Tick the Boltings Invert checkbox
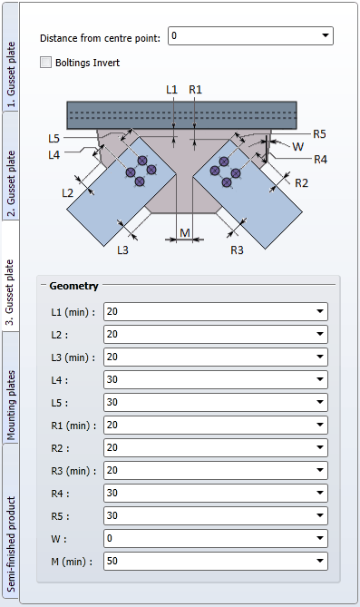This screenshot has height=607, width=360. tap(45, 63)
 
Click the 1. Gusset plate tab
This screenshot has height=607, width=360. tap(10, 58)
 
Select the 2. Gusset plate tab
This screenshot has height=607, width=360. tap(10, 166)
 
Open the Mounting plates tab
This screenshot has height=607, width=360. tap(10, 387)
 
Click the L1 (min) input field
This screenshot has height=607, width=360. tap(215, 311)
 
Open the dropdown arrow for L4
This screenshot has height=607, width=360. tap(320, 379)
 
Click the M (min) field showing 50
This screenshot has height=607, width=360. tap(215, 561)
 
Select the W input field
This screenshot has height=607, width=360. tap(215, 538)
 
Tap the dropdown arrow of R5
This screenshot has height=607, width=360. tap(320, 515)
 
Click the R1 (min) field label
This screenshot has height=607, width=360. tap(73, 426)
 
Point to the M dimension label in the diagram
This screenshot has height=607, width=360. tap(185, 232)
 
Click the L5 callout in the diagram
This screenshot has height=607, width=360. tap(54, 138)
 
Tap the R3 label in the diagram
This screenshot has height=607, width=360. tap(237, 250)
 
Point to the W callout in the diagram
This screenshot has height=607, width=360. tap(297, 147)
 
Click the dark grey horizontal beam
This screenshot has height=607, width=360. tap(182, 115)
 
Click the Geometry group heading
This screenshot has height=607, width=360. tap(74, 286)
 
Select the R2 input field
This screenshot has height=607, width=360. tap(215, 447)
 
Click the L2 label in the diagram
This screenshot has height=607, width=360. tap(67, 192)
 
